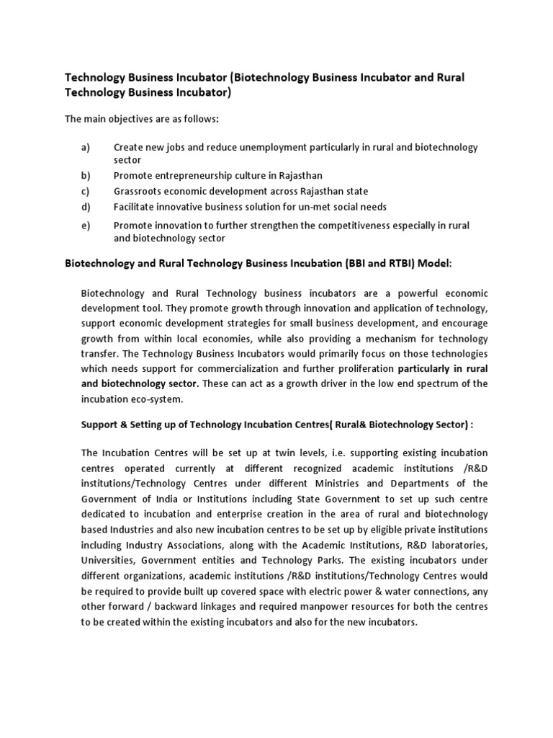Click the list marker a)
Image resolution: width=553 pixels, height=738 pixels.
tap(86, 147)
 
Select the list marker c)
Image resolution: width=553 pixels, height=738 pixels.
tap(85, 191)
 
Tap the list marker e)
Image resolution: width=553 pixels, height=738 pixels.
tap(86, 226)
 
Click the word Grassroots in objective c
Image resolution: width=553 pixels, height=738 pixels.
tap(137, 191)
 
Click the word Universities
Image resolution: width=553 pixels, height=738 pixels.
tap(108, 560)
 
